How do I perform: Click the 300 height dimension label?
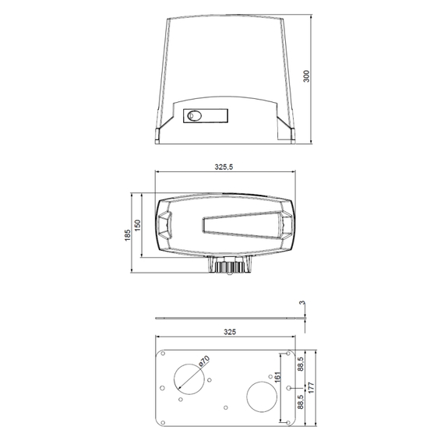(306, 76)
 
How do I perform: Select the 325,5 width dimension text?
(224, 167)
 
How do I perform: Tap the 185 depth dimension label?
(128, 235)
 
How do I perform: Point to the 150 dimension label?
(137, 225)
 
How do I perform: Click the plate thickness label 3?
(302, 303)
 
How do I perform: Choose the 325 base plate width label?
(230, 332)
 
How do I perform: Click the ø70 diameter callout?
(204, 361)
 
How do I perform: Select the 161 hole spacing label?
(278, 377)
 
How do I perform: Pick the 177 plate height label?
(312, 388)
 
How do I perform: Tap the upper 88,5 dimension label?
(301, 364)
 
